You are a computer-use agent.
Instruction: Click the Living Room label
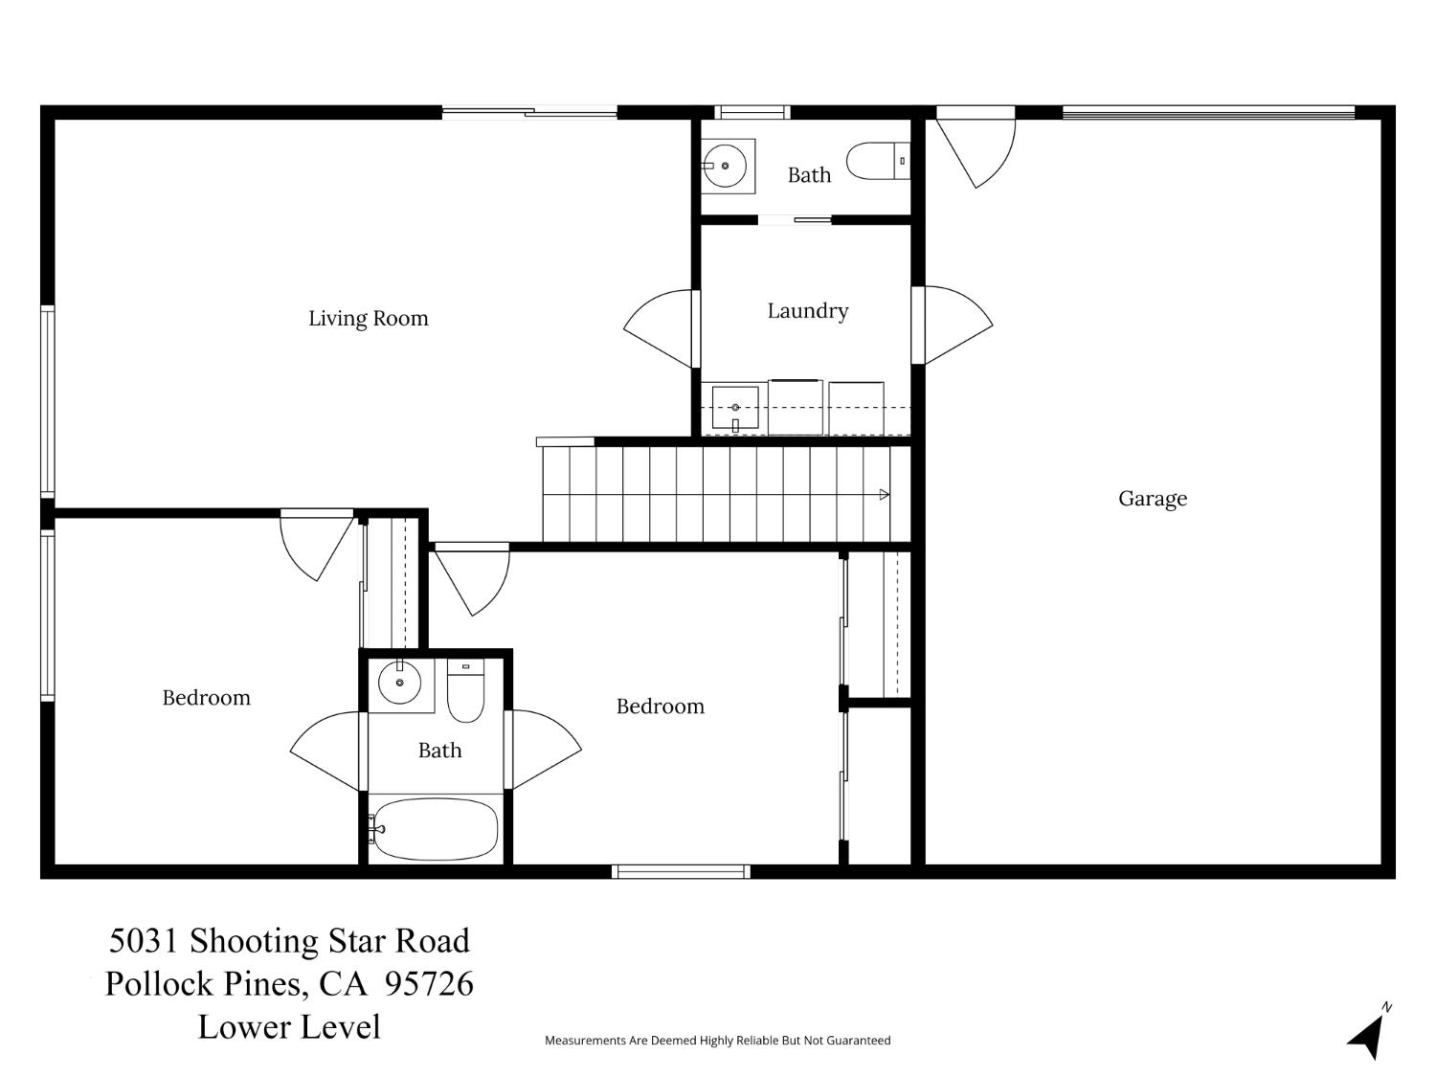(x=368, y=319)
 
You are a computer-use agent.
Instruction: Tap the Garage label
(x=1153, y=499)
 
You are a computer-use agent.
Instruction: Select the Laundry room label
(x=807, y=311)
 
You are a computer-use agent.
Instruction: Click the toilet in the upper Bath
(x=876, y=162)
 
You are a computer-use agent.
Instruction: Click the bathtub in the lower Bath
(x=436, y=829)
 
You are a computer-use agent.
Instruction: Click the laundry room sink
(x=734, y=409)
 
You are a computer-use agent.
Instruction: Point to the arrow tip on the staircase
(x=885, y=495)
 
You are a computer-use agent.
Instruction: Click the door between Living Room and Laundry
(x=661, y=328)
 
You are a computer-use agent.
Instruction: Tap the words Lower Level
(x=289, y=1027)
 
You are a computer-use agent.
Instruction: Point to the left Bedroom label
(x=206, y=698)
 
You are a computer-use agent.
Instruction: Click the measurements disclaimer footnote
(x=717, y=1041)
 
